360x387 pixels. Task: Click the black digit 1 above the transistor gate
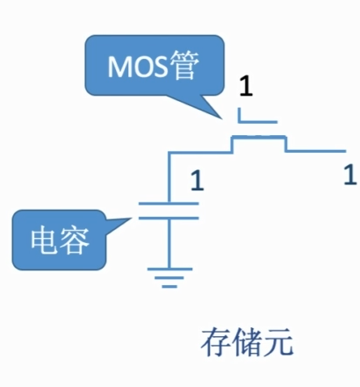246,86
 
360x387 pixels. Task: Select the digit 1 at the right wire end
350,175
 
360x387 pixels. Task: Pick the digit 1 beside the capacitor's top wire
197,181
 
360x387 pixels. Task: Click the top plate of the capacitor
169,204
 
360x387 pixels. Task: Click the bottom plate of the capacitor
169,218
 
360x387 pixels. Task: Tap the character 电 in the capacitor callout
44,240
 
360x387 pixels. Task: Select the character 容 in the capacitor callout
74,240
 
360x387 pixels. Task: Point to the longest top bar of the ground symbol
169,269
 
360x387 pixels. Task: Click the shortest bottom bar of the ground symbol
169,286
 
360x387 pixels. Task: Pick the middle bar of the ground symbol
169,277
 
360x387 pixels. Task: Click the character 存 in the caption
216,342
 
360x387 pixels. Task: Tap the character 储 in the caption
247,342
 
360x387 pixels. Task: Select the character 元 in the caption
277,342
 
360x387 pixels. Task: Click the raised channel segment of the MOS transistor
259,137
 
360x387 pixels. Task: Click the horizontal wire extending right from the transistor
316,151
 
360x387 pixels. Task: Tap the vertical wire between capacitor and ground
169,243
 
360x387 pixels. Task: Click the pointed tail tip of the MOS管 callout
221,118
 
